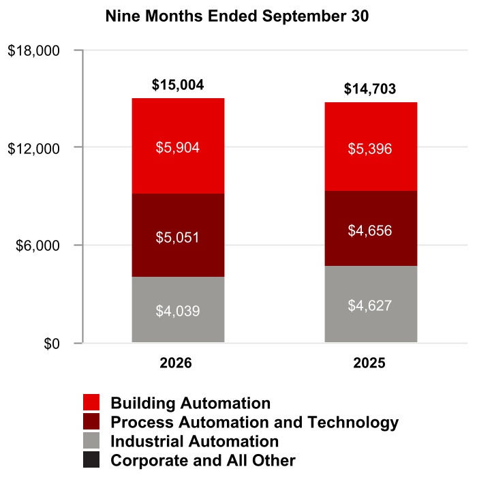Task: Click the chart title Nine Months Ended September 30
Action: pyautogui.click(x=237, y=16)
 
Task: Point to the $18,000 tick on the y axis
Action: pyautogui.click(x=33, y=50)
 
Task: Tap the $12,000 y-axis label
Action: pyautogui.click(x=33, y=149)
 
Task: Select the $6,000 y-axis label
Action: pyautogui.click(x=37, y=245)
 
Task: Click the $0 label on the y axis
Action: pyautogui.click(x=52, y=344)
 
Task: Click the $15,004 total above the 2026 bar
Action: pyautogui.click(x=178, y=85)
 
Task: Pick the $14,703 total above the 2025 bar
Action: pyautogui.click(x=370, y=89)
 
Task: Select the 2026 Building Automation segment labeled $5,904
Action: pyautogui.click(x=178, y=146)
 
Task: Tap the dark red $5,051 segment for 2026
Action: pyautogui.click(x=178, y=235)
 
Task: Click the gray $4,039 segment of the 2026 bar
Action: pyautogui.click(x=178, y=309)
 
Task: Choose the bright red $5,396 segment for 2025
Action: pyautogui.click(x=371, y=147)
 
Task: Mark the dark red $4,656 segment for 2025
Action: pyautogui.click(x=371, y=228)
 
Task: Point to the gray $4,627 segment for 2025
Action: pyautogui.click(x=371, y=304)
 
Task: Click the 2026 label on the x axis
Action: pyautogui.click(x=176, y=363)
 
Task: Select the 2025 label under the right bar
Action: pyautogui.click(x=369, y=363)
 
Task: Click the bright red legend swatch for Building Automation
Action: pyautogui.click(x=91, y=402)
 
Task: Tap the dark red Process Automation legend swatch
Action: pyautogui.click(x=91, y=421)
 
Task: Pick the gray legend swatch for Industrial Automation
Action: pyautogui.click(x=91, y=440)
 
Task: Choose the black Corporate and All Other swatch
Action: pyautogui.click(x=91, y=459)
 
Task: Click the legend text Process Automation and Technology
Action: pyautogui.click(x=255, y=422)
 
